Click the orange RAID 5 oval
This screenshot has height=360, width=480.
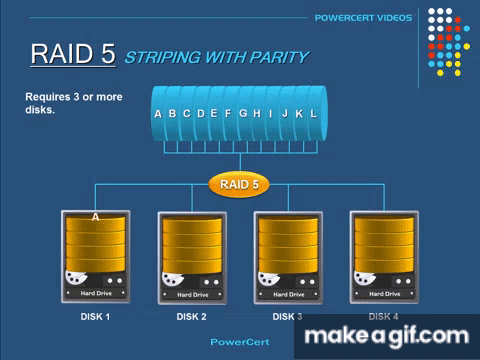(239, 184)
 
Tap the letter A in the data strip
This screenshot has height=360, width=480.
(158, 114)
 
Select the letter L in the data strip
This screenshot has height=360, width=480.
(313, 114)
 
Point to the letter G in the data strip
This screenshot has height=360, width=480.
(243, 114)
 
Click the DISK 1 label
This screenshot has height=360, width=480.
(95, 317)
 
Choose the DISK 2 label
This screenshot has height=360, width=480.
(191, 317)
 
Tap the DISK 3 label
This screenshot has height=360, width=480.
(287, 317)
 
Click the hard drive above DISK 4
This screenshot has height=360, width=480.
(383, 256)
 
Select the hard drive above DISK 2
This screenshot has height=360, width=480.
(191, 256)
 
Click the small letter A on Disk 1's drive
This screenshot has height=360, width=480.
(96, 217)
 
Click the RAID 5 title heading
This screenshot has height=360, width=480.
(73, 54)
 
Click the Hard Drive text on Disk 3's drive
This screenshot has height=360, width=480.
(287, 295)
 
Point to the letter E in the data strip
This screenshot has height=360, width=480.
(214, 114)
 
